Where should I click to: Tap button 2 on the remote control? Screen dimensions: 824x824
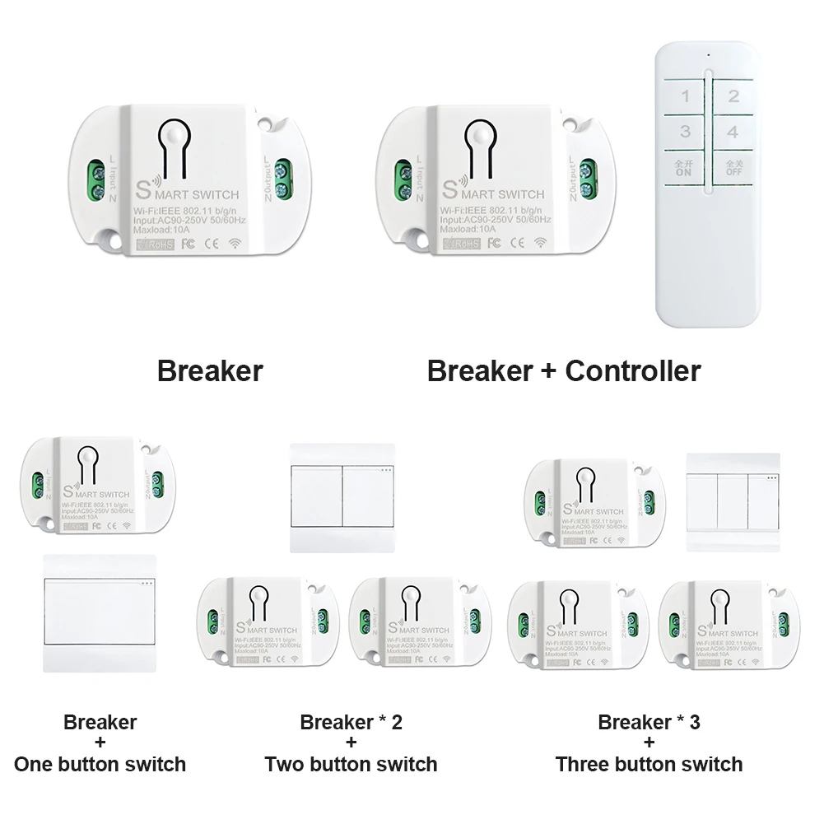(x=733, y=96)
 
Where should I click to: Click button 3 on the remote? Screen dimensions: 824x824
(x=685, y=132)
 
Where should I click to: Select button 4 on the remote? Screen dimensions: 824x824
(x=733, y=132)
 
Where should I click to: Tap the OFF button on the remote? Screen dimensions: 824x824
(x=733, y=167)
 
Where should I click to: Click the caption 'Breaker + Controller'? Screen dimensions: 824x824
(x=563, y=370)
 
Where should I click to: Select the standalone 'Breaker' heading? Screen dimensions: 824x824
(x=210, y=370)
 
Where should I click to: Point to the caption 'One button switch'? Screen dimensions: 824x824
(x=100, y=763)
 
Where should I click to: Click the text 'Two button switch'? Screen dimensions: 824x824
(x=351, y=763)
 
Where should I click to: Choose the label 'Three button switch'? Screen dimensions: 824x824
(x=649, y=763)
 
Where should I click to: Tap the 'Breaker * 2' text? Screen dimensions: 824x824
(x=351, y=722)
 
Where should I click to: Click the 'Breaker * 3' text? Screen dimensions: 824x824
(x=649, y=722)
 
